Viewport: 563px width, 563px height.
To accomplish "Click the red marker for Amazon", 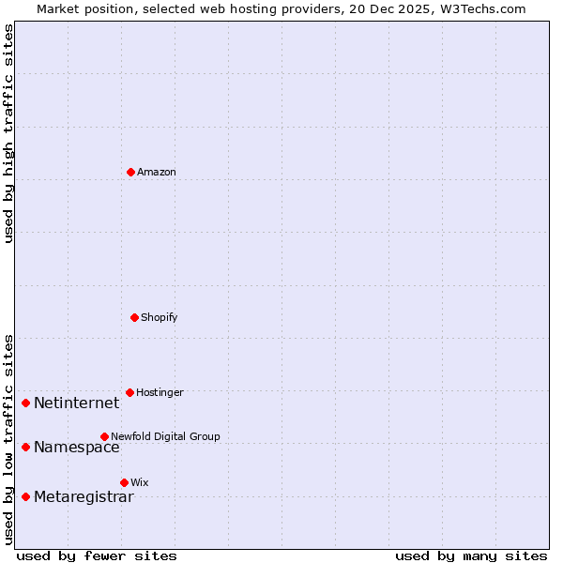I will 130,172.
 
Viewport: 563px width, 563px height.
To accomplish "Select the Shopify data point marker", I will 134,317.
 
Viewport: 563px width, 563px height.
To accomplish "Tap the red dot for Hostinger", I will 129,392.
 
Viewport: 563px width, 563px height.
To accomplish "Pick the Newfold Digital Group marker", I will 104,436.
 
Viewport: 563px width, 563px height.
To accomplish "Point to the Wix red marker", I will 124,482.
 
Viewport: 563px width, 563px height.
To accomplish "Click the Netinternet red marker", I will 25,403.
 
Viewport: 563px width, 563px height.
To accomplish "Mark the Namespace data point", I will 25,447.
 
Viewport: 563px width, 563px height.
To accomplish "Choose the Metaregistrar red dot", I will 25,496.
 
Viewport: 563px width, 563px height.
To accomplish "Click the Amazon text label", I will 157,172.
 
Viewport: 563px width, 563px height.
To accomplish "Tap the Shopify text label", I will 160,317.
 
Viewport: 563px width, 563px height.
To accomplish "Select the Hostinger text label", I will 160,392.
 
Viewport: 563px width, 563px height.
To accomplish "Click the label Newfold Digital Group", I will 165,436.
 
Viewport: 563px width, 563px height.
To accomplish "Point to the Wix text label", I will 140,482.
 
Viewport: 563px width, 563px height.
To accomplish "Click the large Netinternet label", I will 77,403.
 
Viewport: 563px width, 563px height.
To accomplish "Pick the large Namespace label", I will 77,447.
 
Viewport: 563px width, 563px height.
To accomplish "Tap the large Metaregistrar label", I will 84,496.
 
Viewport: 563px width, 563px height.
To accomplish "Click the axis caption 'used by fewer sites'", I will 97,555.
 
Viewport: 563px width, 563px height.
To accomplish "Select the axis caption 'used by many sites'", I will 471,555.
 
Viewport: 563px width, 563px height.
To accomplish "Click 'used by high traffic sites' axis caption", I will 8,133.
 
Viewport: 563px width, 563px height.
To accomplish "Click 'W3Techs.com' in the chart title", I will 479,8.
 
